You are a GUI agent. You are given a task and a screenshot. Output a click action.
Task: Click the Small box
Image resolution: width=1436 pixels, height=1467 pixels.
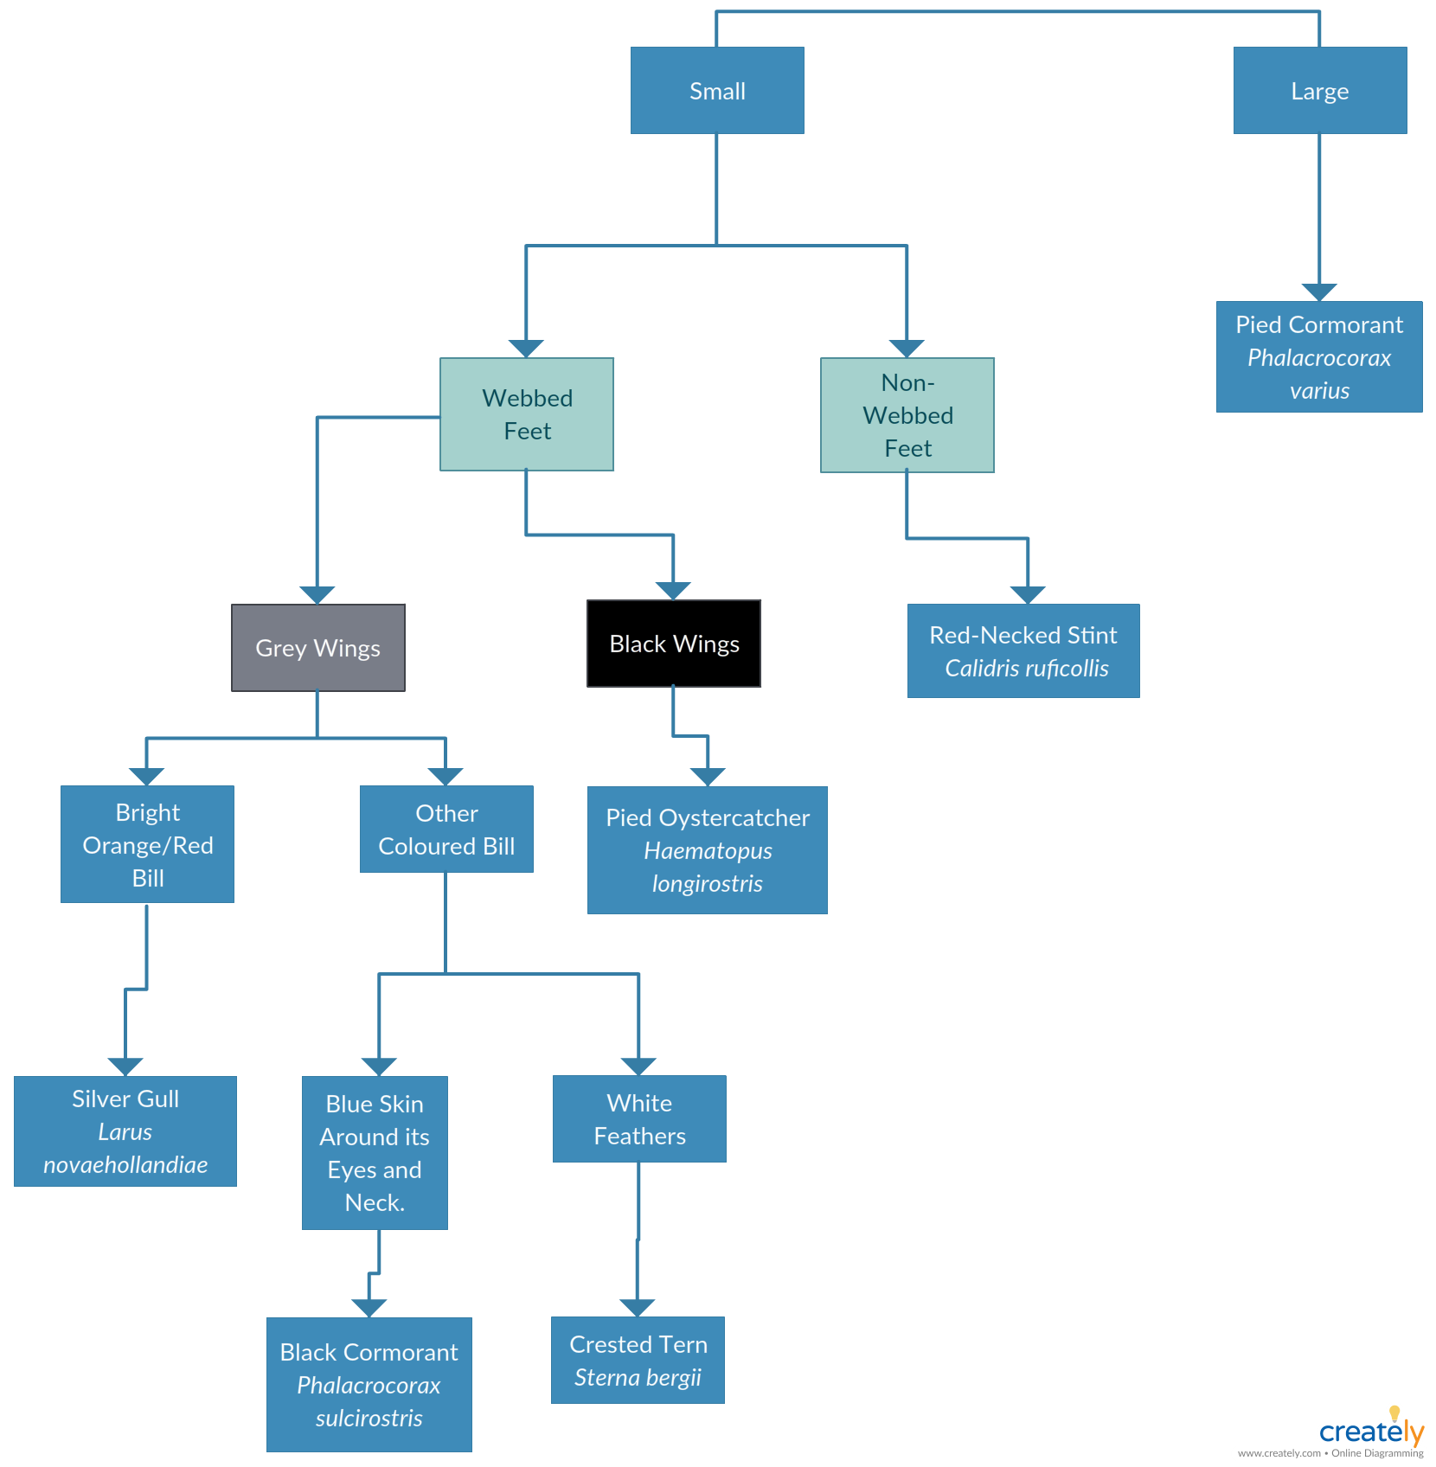[717, 90]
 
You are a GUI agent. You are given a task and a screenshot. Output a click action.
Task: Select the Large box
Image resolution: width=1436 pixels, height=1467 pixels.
[1320, 90]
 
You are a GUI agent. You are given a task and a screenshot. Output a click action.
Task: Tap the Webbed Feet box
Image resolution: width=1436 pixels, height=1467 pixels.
[527, 414]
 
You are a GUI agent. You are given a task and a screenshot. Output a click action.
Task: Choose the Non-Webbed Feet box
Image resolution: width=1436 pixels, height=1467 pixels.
[907, 415]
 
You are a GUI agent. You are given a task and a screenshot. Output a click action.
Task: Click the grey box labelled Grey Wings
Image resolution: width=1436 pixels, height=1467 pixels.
[318, 648]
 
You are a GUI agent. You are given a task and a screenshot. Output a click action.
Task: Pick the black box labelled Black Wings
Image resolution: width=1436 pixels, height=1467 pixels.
[674, 644]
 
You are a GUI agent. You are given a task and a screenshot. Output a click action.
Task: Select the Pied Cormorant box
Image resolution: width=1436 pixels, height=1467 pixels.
[1319, 356]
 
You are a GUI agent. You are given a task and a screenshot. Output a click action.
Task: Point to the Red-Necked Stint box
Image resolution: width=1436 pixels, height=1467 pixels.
[1023, 650]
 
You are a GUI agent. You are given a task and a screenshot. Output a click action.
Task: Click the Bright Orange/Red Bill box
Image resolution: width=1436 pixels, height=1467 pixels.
[147, 844]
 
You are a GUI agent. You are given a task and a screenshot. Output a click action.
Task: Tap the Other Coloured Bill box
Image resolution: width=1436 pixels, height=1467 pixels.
[446, 829]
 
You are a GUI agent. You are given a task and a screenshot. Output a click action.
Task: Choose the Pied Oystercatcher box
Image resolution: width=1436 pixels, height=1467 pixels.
[708, 850]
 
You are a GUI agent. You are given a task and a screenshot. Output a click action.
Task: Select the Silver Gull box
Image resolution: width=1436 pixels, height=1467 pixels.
[125, 1131]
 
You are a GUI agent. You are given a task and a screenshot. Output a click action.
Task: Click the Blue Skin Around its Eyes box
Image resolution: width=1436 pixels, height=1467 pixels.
[375, 1153]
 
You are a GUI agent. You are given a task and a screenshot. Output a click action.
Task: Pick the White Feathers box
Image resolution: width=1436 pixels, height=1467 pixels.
[639, 1118]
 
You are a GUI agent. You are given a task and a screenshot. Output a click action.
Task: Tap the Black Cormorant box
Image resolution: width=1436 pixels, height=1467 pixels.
[369, 1385]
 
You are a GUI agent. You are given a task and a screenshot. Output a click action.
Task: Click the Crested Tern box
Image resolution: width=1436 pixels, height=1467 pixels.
[638, 1361]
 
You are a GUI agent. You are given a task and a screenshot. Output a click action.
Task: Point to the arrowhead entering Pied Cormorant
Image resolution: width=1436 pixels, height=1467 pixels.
[1319, 292]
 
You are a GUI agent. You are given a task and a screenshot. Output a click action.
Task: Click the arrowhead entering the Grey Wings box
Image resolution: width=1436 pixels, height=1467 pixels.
[317, 595]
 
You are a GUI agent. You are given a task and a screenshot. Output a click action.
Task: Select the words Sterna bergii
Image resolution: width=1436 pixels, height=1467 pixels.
[638, 1377]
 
